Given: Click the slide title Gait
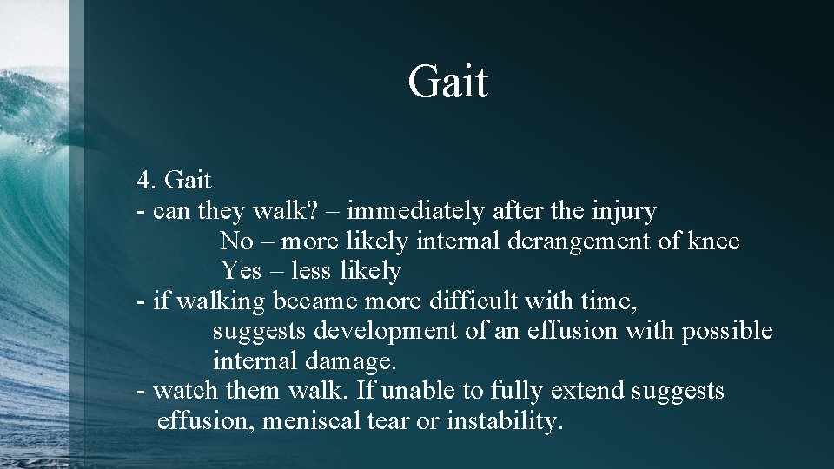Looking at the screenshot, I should pyautogui.click(x=448, y=81).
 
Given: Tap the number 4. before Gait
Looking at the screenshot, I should pyautogui.click(x=146, y=180).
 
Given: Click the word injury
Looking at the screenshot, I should pyautogui.click(x=623, y=210).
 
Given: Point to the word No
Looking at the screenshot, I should pyautogui.click(x=236, y=241).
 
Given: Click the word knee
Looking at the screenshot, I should pyautogui.click(x=713, y=241).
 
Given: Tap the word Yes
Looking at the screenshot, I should pyautogui.click(x=241, y=271).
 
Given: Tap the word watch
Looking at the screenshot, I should pyautogui.click(x=186, y=391).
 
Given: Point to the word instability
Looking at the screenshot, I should pyautogui.click(x=506, y=421).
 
